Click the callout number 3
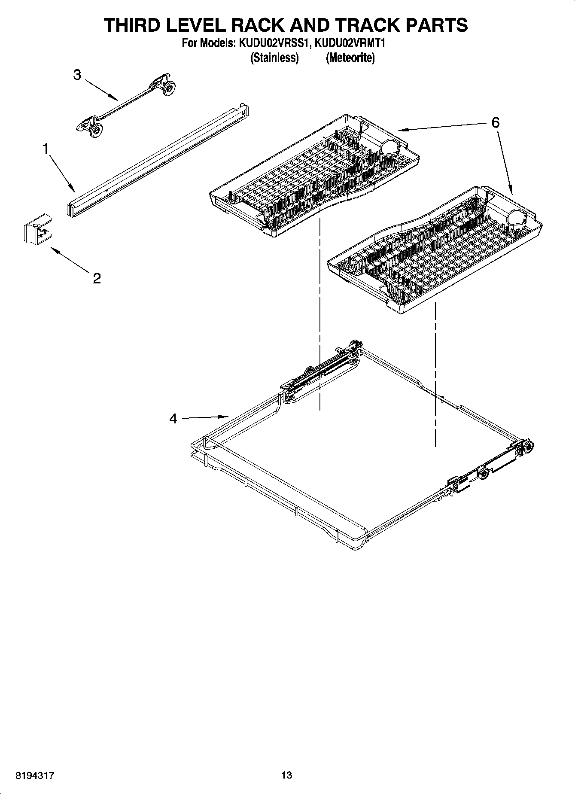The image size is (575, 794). click(x=77, y=75)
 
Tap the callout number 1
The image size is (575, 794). click(x=46, y=149)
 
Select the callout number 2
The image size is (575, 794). click(x=97, y=278)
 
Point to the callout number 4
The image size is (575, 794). click(x=173, y=418)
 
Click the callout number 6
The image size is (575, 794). click(x=495, y=123)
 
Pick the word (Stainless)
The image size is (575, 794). click(x=274, y=58)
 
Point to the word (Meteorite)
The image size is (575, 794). click(x=350, y=58)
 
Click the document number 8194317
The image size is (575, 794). click(x=35, y=775)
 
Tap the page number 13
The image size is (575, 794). click(x=287, y=775)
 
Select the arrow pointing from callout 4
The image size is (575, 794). click(x=204, y=417)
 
